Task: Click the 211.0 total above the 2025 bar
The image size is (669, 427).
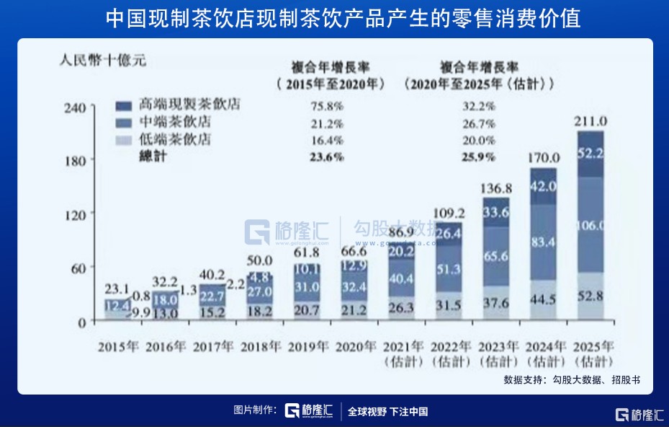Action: coord(591,120)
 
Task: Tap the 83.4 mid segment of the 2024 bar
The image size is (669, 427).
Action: coord(543,242)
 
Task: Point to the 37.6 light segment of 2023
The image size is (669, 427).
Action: coord(496,304)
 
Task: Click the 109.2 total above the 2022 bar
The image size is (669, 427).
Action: coord(449,213)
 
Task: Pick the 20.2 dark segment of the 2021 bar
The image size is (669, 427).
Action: coord(401,252)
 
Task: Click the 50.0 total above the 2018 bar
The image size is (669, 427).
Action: coord(259,260)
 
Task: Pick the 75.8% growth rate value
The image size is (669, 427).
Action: coord(325,105)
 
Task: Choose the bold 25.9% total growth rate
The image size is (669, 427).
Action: coord(475,157)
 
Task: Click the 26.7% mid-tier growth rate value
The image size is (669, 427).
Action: coord(475,123)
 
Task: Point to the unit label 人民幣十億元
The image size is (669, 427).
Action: coord(102,61)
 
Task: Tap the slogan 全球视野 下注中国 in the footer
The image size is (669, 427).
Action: coord(388,412)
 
